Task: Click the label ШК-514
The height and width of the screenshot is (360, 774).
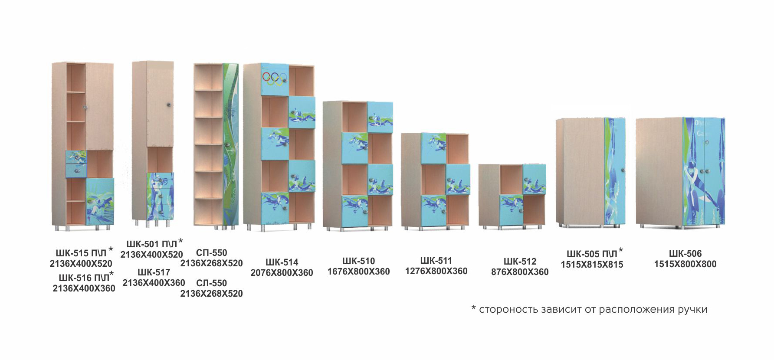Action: pos(282,262)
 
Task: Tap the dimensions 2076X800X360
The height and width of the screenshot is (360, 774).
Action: pos(282,273)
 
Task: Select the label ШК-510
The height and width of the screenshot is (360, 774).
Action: pos(358,261)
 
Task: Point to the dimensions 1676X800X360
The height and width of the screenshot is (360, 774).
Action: pos(358,272)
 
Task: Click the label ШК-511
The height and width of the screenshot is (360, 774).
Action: pos(436,261)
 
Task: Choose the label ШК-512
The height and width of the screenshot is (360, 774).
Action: pos(520,262)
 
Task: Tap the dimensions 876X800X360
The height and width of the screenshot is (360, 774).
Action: pos(520,272)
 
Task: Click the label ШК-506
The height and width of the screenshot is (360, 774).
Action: pos(685,254)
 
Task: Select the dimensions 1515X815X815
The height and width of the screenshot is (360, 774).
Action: pos(592,265)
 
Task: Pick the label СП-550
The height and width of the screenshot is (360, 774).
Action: pos(211,253)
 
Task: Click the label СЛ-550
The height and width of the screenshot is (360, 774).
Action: pos(211,283)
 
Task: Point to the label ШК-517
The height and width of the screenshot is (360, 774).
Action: pos(154,272)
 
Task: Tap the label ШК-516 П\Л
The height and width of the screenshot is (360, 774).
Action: pos(83,278)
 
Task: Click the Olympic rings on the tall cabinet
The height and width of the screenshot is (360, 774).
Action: pos(274,79)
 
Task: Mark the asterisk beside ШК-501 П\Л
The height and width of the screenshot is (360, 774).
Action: pos(180,241)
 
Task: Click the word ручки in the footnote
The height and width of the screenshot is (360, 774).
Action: pos(692,310)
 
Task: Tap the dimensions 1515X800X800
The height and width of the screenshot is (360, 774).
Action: pos(685,264)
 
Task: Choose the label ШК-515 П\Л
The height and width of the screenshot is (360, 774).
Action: pos(81,253)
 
